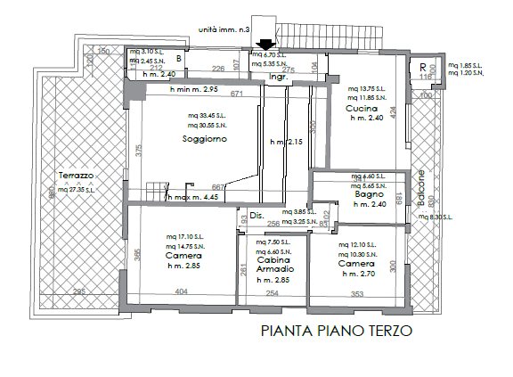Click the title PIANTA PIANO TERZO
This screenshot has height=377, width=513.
(x=336, y=332)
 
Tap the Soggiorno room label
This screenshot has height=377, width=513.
(x=205, y=140)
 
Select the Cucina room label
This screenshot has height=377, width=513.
(x=362, y=109)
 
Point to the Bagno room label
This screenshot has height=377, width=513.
(x=368, y=194)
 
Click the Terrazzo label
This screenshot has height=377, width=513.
(x=76, y=176)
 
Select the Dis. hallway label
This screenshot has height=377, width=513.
(x=255, y=215)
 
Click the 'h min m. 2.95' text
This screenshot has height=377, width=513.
(x=182, y=90)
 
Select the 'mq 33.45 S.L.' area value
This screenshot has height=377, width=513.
(x=206, y=116)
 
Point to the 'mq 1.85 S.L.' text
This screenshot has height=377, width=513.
(x=467, y=65)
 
